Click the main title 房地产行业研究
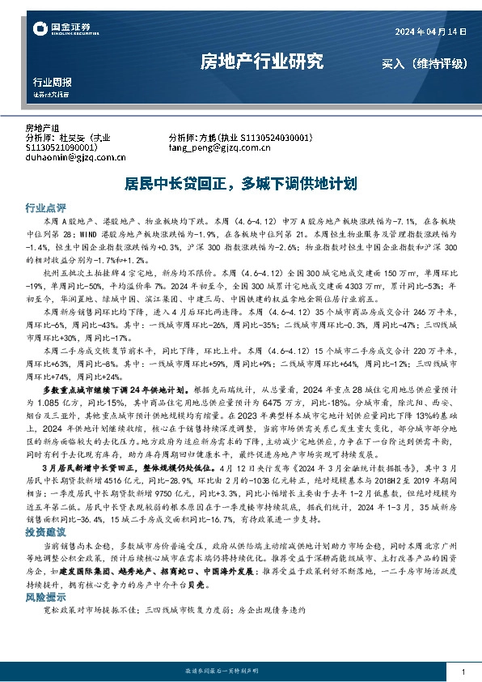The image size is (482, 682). pyautogui.click(x=261, y=62)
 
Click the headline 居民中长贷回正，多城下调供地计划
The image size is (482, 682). pyautogui.click(x=240, y=183)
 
